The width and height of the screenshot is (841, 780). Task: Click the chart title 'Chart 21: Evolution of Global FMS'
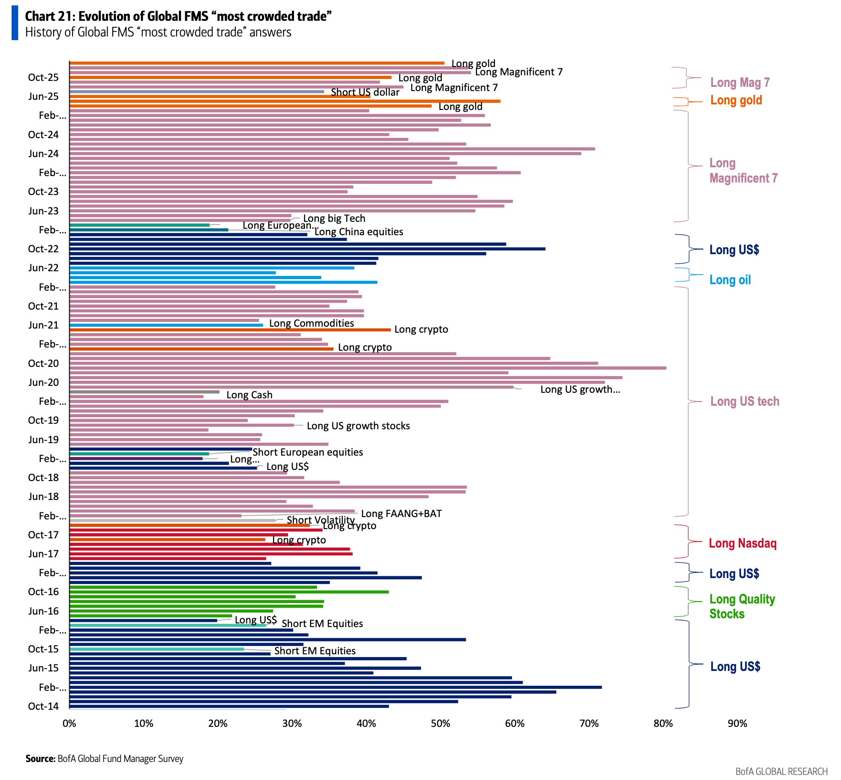click(x=178, y=16)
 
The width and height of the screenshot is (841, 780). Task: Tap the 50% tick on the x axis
click(x=440, y=723)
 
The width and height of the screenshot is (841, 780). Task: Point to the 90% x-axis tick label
click(x=737, y=723)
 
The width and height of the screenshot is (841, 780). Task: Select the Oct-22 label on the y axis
click(x=43, y=249)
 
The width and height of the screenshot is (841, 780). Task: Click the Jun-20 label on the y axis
click(x=43, y=382)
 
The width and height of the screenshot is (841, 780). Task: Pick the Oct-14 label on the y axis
click(x=43, y=706)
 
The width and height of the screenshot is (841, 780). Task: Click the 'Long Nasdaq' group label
click(x=743, y=543)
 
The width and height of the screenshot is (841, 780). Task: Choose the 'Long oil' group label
click(x=730, y=280)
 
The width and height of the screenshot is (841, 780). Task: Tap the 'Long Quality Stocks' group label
click(x=742, y=606)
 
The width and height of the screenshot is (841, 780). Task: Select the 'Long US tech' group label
click(x=744, y=401)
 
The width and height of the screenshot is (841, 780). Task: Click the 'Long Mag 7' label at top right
click(x=740, y=82)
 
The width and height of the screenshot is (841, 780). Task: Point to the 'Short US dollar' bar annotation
click(x=365, y=92)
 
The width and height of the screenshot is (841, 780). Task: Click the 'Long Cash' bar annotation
click(x=249, y=395)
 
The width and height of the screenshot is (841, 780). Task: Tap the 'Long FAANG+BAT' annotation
click(x=401, y=513)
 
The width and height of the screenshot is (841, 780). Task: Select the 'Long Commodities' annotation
click(x=311, y=323)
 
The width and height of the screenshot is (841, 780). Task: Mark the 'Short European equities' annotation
click(x=308, y=452)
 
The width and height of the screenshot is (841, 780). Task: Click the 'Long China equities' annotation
click(x=359, y=232)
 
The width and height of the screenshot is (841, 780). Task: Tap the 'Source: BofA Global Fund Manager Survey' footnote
click(x=104, y=759)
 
